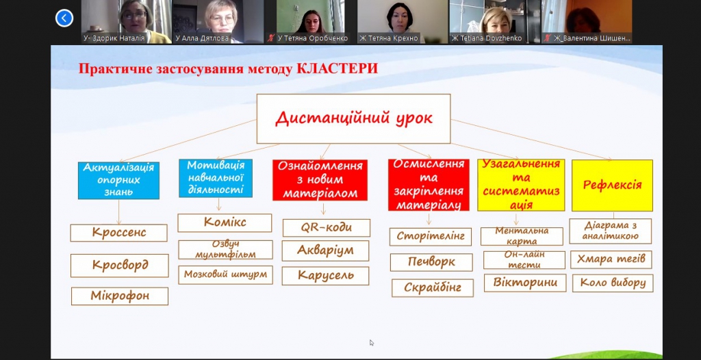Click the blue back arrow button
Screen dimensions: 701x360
[x=64, y=18]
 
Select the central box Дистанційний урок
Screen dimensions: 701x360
[x=354, y=118]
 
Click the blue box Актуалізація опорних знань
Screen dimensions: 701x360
[x=118, y=180]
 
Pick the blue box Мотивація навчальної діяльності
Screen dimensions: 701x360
[x=216, y=177]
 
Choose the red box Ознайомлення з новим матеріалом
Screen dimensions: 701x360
[x=320, y=180]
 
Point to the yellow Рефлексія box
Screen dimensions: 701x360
[x=612, y=185]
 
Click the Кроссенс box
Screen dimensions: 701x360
[x=119, y=233]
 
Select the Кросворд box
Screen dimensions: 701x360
[x=120, y=266]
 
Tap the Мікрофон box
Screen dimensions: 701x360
[x=120, y=296]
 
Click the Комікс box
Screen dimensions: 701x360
[x=225, y=222]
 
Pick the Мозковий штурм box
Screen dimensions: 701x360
[x=225, y=275]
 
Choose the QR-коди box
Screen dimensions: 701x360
[x=327, y=228]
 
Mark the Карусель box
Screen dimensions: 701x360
[x=325, y=276]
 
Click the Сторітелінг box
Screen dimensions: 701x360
[x=431, y=237]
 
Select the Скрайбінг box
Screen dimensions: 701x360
[x=433, y=288]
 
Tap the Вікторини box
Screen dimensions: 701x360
[x=525, y=283]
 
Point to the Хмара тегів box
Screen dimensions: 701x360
[x=611, y=259]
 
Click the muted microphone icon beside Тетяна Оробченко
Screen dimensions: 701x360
[x=271, y=38]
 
